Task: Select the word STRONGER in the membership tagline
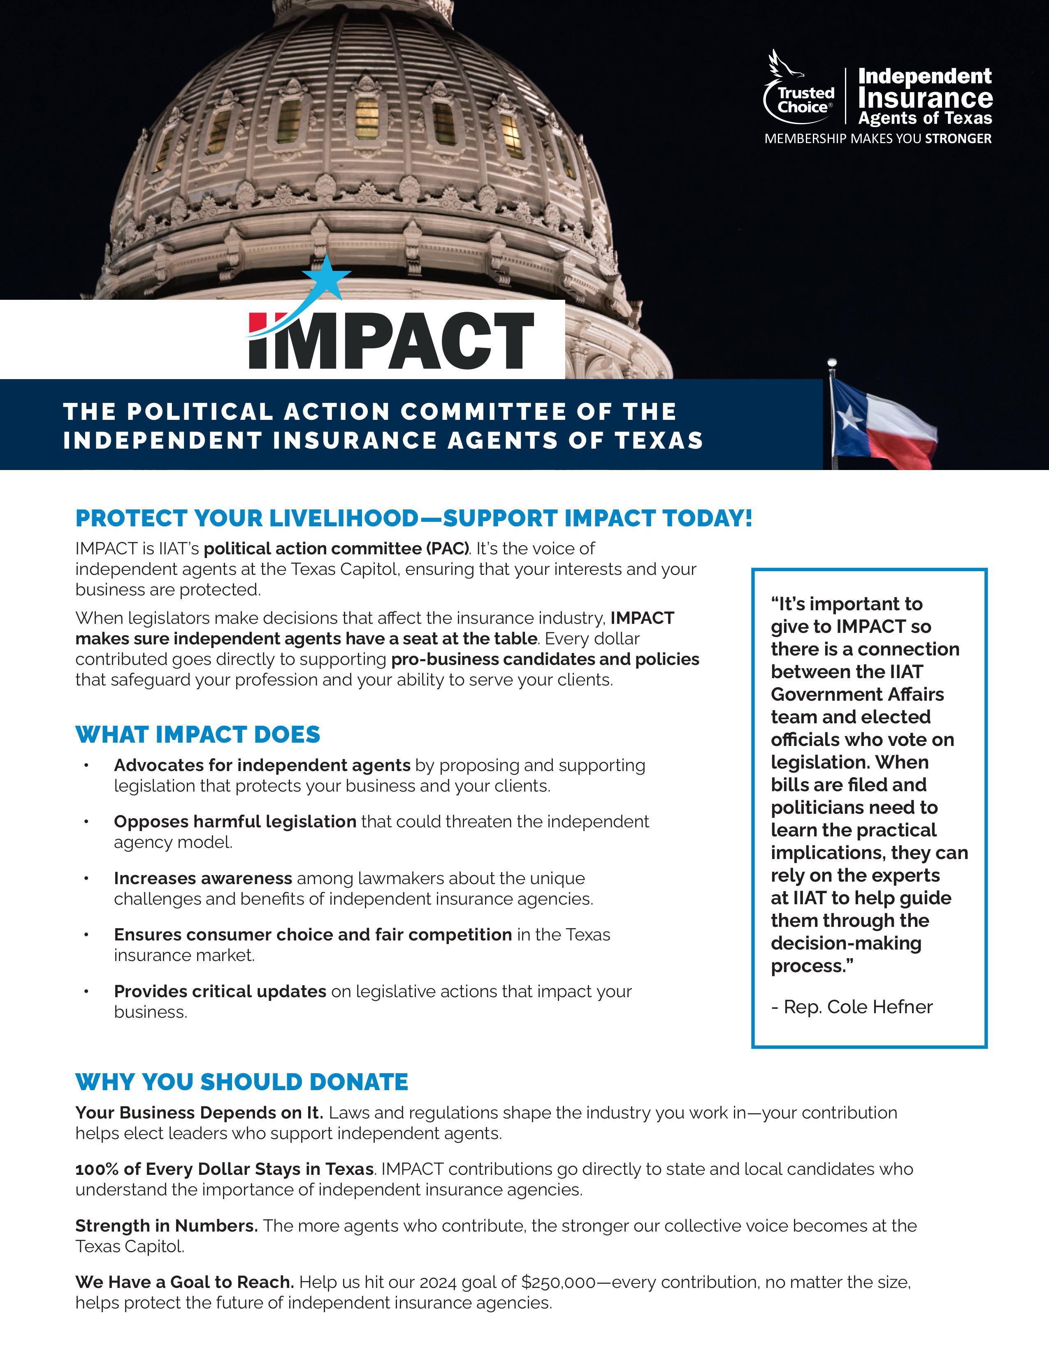coord(958,139)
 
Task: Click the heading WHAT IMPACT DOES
coord(197,734)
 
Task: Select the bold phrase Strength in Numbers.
coord(166,1225)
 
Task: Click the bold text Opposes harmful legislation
coord(235,822)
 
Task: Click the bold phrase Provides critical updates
coord(220,991)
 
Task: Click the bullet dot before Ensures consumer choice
coord(87,935)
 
